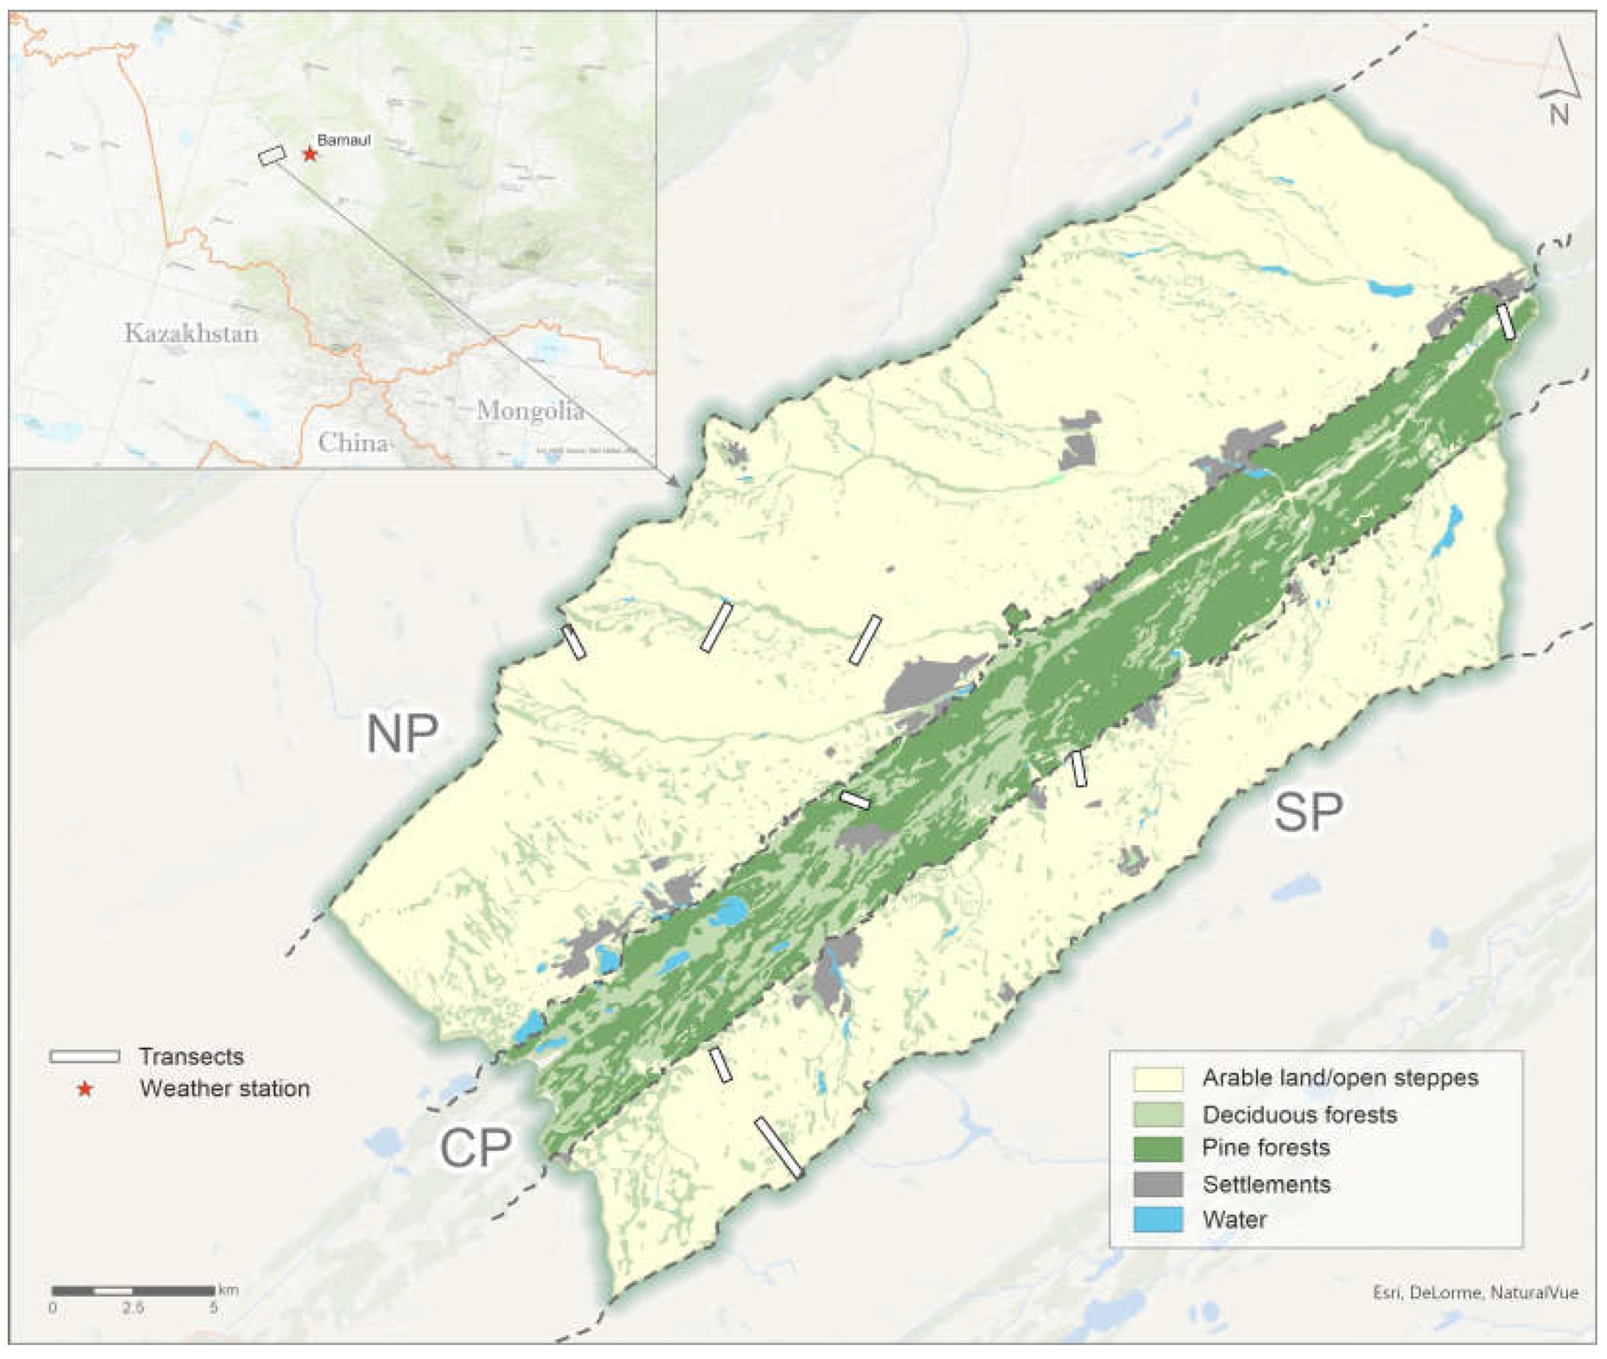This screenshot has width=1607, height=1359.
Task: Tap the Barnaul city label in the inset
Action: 344,140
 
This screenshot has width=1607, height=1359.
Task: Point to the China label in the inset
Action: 353,443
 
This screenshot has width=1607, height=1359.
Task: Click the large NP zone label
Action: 402,734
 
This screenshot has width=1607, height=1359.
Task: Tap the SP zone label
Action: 1308,812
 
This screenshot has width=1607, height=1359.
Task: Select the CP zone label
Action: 475,1148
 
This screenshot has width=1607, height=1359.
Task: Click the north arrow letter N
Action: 1559,116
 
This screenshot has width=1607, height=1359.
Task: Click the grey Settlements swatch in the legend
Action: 1158,1184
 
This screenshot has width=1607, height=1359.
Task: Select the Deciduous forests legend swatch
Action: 1158,1114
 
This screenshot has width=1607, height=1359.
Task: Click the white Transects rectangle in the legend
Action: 85,1056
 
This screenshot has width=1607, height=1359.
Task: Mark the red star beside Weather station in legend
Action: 85,1090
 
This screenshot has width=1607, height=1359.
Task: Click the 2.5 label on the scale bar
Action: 133,1308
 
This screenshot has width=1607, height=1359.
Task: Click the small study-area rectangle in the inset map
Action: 271,155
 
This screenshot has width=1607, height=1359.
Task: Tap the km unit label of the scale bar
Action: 229,1289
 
